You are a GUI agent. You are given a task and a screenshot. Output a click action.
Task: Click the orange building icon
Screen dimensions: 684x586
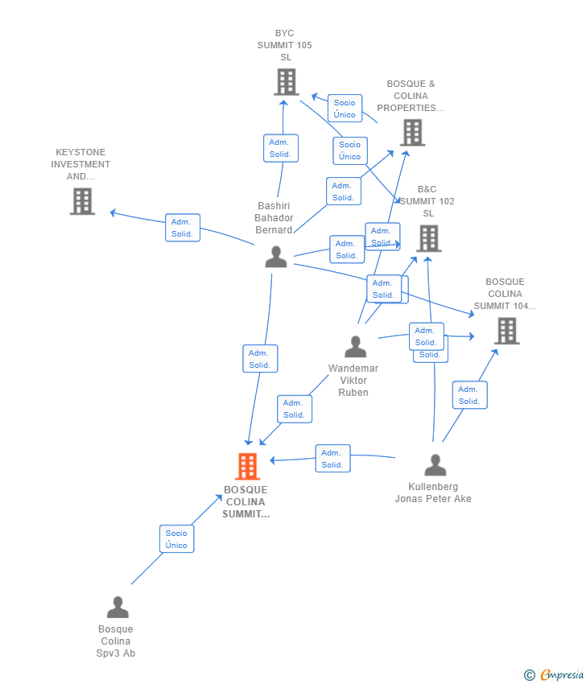247,466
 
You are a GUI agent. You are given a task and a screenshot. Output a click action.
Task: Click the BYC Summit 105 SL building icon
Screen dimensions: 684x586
287,82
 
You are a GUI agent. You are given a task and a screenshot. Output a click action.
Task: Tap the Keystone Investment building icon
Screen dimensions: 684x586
82,201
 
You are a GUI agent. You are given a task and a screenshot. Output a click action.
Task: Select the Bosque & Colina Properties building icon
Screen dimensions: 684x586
412,133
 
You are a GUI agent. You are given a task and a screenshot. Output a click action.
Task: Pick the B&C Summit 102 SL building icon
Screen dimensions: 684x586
428,238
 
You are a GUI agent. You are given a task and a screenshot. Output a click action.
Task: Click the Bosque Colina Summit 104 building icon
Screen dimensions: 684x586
506,331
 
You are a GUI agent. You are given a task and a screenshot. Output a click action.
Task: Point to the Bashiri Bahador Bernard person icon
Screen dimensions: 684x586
276,257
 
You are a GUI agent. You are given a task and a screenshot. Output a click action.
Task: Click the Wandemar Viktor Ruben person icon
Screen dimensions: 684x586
355,347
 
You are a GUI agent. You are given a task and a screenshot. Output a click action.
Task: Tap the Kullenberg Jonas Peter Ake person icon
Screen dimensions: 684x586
435,465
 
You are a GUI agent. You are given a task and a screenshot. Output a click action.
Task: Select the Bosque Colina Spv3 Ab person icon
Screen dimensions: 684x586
118,608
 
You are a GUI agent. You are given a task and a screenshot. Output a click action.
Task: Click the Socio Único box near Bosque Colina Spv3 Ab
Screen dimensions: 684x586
176,539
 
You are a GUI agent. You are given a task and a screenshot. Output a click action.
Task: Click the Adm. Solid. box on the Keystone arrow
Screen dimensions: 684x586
183,228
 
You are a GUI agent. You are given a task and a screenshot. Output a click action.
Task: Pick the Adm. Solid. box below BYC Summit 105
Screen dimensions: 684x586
280,148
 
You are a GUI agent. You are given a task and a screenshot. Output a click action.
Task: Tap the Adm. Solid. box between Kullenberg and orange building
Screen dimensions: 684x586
332,459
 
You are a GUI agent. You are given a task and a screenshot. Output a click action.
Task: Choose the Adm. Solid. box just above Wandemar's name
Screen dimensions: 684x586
294,409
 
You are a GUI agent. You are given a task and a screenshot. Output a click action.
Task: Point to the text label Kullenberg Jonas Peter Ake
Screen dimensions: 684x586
433,492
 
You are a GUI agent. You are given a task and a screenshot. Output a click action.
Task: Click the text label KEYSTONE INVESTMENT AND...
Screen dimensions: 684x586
80,164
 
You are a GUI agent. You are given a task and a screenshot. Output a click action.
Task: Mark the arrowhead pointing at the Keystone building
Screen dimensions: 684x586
113,212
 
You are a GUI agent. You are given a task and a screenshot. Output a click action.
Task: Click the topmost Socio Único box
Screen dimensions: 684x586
345,109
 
